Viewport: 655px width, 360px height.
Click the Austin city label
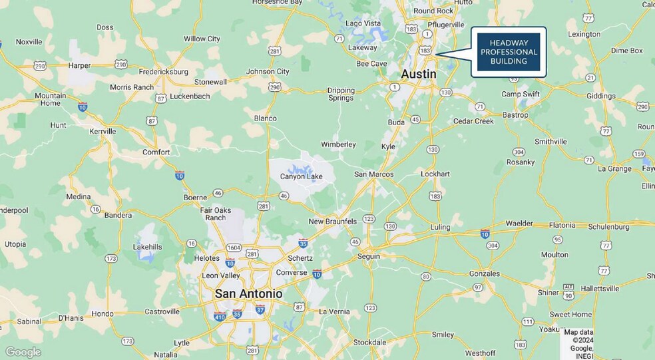tap(418, 74)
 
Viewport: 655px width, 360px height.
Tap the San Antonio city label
tap(248, 293)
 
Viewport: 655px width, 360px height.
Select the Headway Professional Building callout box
tap(509, 52)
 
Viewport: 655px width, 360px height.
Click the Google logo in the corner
tap(23, 352)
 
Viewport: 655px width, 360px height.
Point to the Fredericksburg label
tap(163, 71)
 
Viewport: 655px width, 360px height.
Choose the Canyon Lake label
tap(301, 176)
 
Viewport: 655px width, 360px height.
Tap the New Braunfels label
tap(332, 221)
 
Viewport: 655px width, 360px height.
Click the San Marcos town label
tap(373, 174)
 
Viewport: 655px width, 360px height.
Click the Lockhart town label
tap(435, 174)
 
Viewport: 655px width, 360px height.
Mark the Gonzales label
tap(484, 273)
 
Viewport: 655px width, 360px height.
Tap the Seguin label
tap(368, 256)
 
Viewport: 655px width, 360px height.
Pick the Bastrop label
tap(515, 115)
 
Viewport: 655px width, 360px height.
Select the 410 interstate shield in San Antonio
tap(220, 316)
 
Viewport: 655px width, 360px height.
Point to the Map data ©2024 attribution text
tap(578, 340)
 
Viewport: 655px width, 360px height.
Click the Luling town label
tap(440, 227)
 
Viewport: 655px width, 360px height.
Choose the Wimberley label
tap(338, 144)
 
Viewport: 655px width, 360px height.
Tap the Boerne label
tap(196, 198)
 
